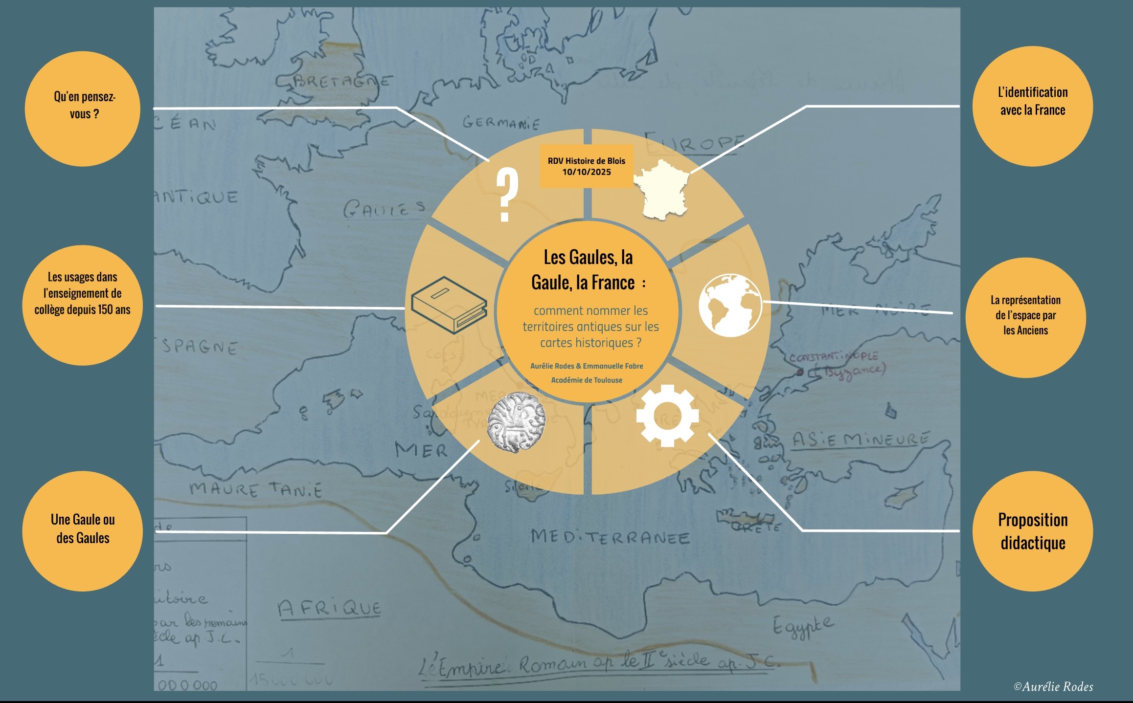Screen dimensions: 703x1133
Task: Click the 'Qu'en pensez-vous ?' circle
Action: click(83, 109)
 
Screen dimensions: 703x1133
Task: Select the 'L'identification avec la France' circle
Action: click(1032, 106)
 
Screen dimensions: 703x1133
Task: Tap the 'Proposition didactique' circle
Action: click(1032, 531)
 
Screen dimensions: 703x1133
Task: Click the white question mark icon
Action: click(507, 194)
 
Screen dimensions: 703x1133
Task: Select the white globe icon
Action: click(730, 305)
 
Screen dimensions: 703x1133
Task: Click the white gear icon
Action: click(667, 416)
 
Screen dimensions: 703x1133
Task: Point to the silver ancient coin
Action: click(517, 422)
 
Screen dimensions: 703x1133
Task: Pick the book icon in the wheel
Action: click(449, 305)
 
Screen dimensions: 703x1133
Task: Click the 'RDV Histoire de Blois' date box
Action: click(587, 166)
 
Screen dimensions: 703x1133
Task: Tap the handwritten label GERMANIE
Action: click(501, 122)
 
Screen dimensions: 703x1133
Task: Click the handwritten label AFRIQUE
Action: click(329, 608)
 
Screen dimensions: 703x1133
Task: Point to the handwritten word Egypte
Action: click(802, 626)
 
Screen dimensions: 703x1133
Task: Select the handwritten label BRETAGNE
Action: click(342, 81)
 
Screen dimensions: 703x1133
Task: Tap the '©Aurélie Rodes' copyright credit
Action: click(1053, 686)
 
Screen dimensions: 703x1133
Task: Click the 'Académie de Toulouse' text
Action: click(587, 380)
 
